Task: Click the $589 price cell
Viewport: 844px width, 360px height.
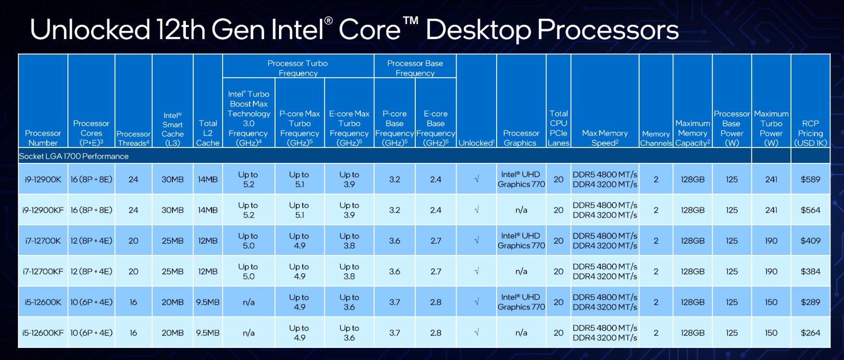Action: (x=810, y=179)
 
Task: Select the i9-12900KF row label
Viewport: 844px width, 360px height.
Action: (x=43, y=210)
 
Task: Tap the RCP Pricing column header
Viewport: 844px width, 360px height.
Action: (x=810, y=133)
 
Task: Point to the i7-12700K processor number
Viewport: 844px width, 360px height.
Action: (x=43, y=240)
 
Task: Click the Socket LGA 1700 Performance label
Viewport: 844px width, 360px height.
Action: (x=74, y=156)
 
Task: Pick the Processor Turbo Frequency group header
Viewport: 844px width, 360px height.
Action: (x=298, y=68)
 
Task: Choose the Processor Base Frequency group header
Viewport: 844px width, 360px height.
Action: (x=415, y=68)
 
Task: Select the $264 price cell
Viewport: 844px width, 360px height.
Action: (x=810, y=333)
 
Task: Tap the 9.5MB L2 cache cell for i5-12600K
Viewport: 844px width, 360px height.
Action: (x=208, y=302)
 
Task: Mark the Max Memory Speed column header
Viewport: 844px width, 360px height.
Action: (x=605, y=138)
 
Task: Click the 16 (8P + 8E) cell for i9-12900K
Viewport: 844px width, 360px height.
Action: (x=92, y=179)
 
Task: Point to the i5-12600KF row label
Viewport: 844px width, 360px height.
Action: (x=43, y=333)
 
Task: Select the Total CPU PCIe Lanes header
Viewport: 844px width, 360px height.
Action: (x=558, y=128)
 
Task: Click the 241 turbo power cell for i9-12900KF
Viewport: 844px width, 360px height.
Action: (x=771, y=210)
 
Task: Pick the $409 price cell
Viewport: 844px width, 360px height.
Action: (x=810, y=240)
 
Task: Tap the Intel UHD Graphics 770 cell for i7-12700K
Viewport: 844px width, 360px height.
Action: (x=521, y=240)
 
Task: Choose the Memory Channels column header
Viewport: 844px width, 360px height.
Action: (x=656, y=138)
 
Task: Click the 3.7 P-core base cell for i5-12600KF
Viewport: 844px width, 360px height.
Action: (x=395, y=333)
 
